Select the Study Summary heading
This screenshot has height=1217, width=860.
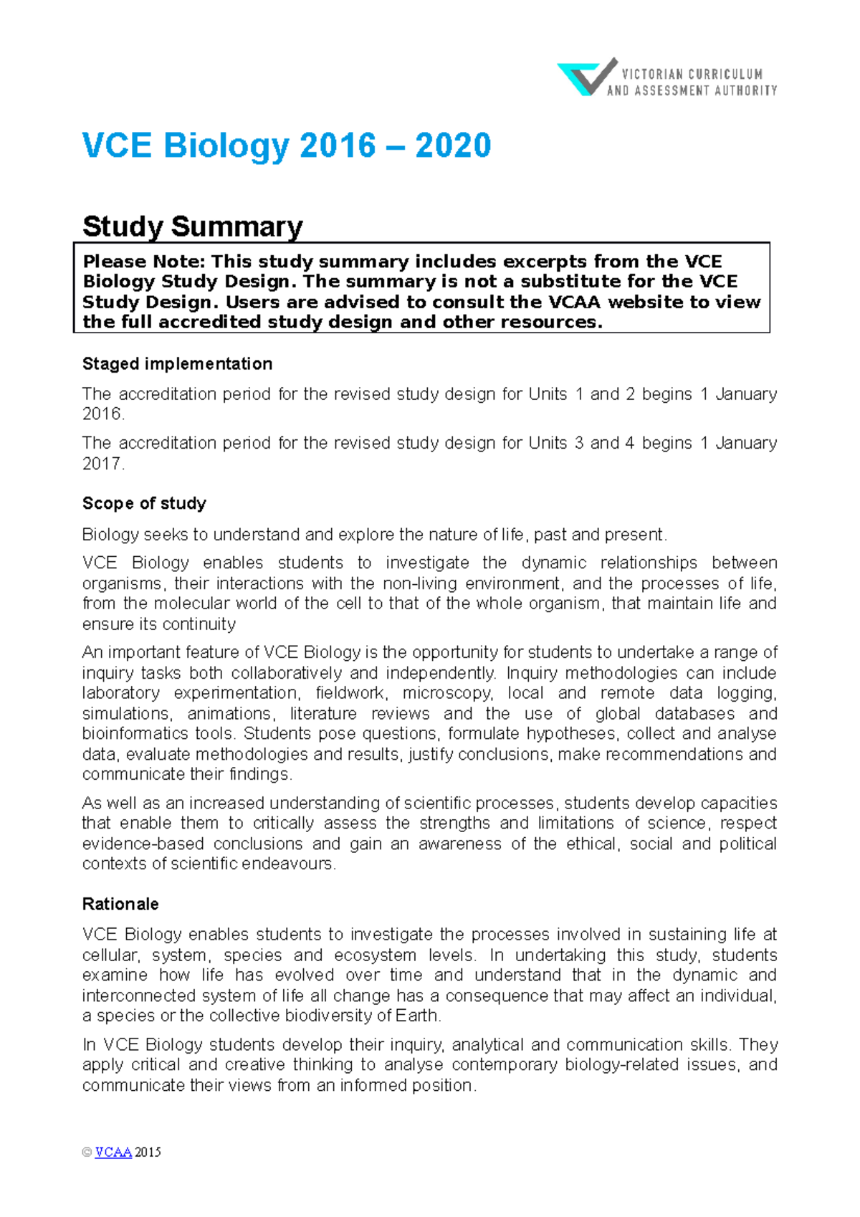(x=192, y=226)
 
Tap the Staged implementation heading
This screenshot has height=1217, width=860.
(x=177, y=364)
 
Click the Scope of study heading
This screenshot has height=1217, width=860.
(x=144, y=503)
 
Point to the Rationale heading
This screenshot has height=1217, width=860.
(x=120, y=904)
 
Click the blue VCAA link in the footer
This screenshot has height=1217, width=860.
(x=113, y=1152)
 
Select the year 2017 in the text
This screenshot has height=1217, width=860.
(x=102, y=464)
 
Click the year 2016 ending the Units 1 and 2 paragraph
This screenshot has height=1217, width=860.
(x=102, y=414)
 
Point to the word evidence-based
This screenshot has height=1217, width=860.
(x=143, y=844)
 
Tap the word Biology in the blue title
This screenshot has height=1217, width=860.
(x=226, y=146)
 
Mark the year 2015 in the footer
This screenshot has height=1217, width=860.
(x=148, y=1152)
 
